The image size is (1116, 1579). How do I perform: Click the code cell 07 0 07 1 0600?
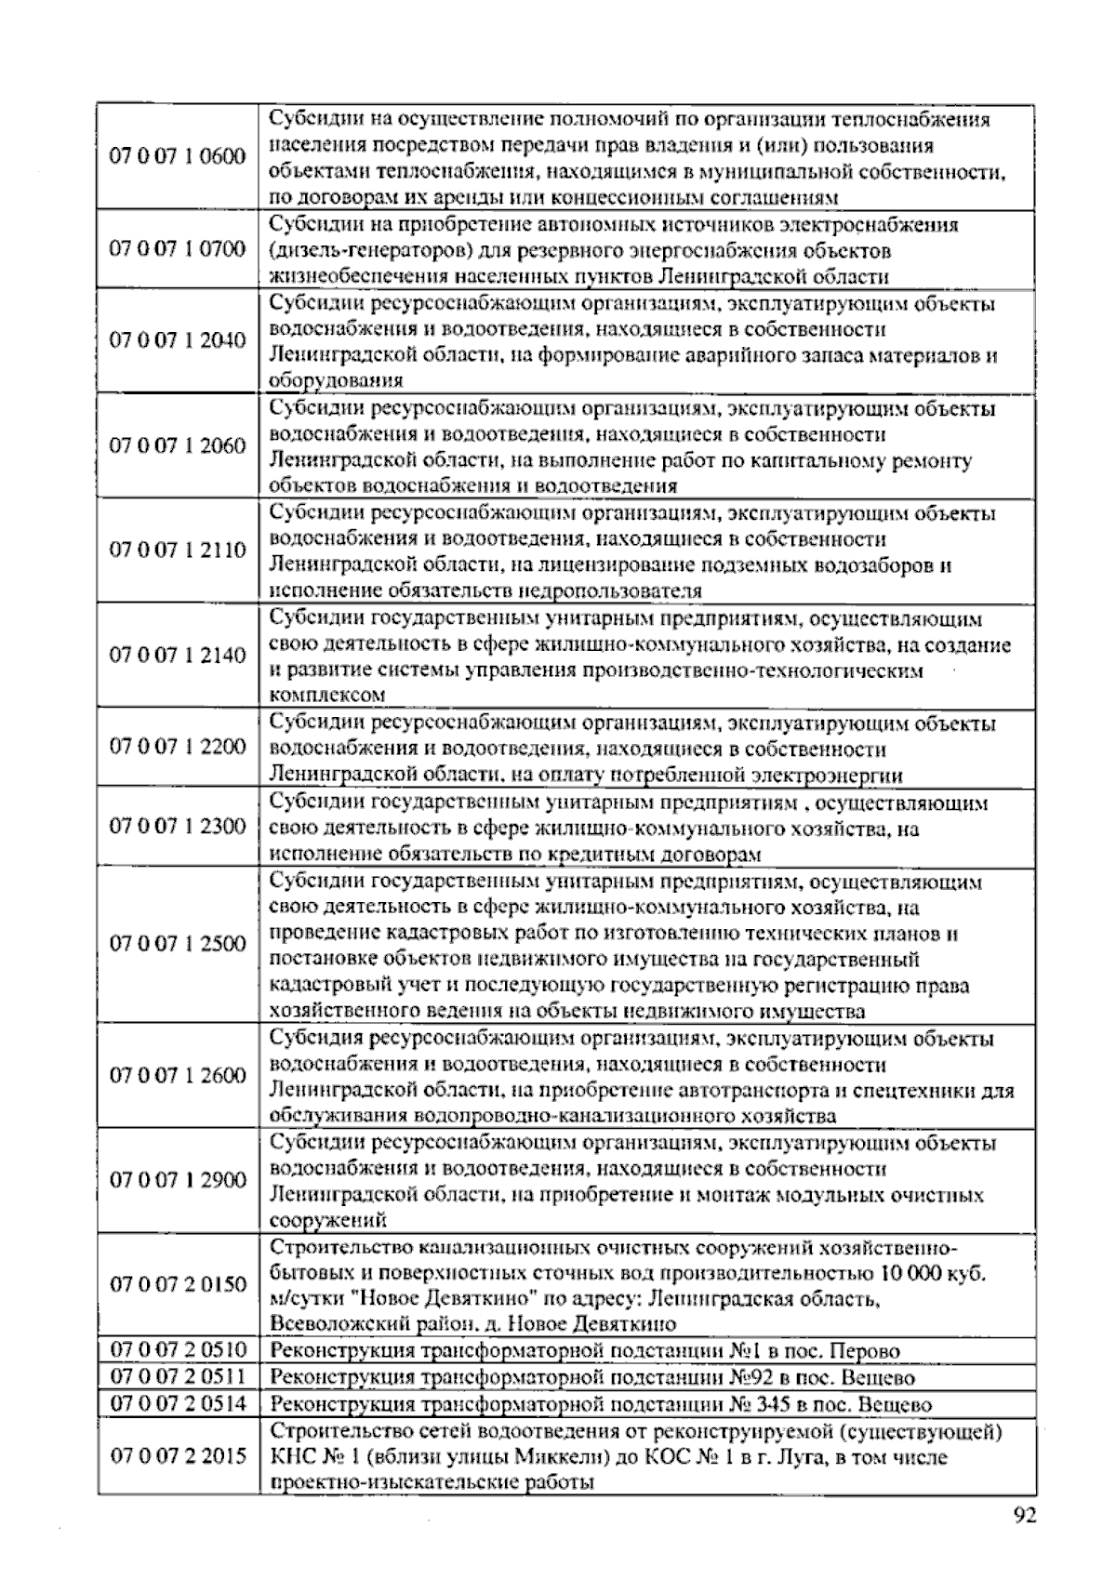tap(178, 156)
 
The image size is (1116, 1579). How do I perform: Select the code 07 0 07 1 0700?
tap(178, 249)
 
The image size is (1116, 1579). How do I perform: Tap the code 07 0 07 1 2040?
tap(178, 340)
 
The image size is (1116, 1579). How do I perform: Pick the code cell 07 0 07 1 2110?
tap(178, 551)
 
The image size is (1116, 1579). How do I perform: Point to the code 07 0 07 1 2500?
tap(178, 944)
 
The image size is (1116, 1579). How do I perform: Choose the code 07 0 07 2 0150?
tap(178, 1285)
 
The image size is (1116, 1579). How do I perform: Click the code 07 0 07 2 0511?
tap(178, 1377)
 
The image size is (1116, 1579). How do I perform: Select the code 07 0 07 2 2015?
tap(178, 1456)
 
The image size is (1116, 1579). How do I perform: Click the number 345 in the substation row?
tap(767, 1404)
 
